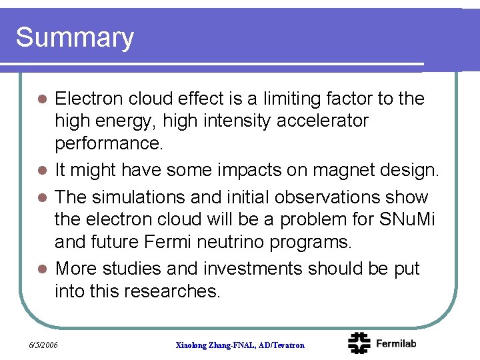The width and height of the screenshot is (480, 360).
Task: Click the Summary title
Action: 75,38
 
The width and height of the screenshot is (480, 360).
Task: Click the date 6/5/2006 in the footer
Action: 44,345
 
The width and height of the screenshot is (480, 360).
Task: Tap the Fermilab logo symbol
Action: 359,343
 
